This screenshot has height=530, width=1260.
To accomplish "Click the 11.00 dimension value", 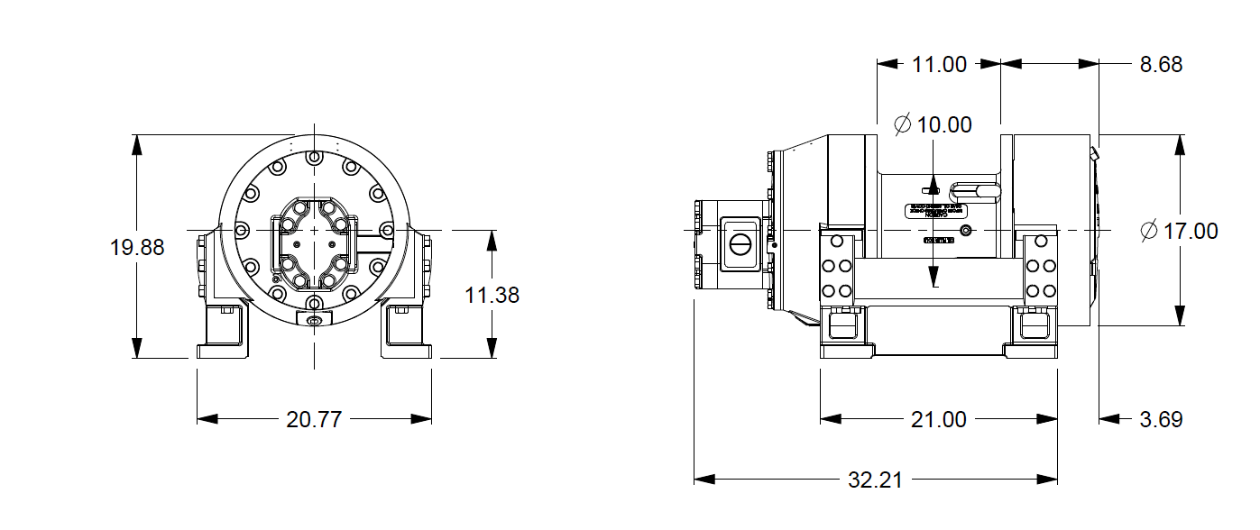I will (x=939, y=64).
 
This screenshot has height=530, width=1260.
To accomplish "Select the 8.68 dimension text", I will (x=1160, y=64).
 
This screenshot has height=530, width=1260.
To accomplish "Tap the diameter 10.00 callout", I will (x=933, y=125).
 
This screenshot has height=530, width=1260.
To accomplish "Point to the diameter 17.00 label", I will (x=1179, y=232).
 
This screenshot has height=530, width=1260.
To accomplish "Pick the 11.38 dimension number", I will (x=492, y=295).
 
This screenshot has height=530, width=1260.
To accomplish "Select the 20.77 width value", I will (x=314, y=419).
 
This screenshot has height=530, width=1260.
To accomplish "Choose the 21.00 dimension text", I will (x=939, y=419).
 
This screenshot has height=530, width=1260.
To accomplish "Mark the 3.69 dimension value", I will (x=1160, y=419).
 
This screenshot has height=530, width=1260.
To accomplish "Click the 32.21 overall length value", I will (x=875, y=480).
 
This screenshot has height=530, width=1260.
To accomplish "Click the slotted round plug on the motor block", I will (x=740, y=243).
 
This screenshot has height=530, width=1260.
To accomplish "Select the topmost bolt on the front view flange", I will (x=314, y=158).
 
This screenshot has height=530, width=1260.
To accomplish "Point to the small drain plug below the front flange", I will (x=314, y=322).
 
